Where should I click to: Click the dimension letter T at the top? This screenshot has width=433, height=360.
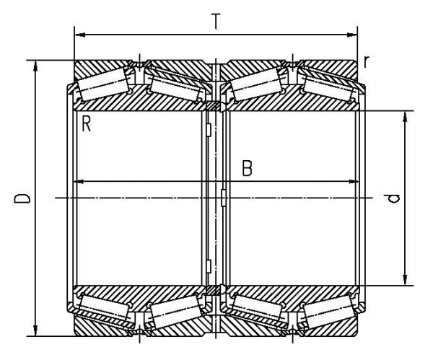(216, 21)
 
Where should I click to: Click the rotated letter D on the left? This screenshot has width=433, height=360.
(22, 198)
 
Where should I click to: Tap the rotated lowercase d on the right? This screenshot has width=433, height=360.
(393, 198)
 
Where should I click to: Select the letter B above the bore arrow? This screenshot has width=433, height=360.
(247, 168)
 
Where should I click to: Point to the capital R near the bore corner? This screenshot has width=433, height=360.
(86, 124)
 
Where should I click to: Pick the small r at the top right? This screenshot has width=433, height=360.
(366, 61)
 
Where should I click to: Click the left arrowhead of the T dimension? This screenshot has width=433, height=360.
(80, 35)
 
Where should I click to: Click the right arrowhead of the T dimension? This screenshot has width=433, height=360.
(352, 35)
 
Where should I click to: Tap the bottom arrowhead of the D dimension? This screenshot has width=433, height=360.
(35, 331)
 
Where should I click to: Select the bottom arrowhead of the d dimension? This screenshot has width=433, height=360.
(405, 280)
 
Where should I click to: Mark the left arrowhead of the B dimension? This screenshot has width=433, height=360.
(80, 182)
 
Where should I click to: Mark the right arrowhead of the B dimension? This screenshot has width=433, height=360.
(354, 182)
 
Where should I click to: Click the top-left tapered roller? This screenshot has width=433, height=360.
(102, 84)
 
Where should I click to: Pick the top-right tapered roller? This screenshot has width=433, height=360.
(328, 89)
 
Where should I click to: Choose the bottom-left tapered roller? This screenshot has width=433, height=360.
(104, 307)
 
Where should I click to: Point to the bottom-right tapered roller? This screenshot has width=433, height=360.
(328, 312)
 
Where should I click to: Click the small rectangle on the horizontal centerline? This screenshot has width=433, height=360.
(224, 198)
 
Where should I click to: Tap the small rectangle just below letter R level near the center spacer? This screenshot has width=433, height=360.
(209, 130)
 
